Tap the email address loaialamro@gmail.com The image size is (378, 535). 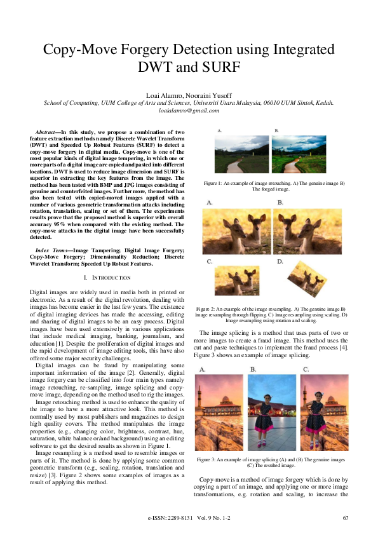[x=189, y=110]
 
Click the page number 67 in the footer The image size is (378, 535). [x=346, y=518]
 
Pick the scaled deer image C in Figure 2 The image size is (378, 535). [x=236, y=280]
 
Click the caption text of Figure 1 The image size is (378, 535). [x=274, y=186]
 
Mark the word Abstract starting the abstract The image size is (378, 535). [x=50, y=131]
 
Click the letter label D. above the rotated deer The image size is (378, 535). [x=280, y=261]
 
